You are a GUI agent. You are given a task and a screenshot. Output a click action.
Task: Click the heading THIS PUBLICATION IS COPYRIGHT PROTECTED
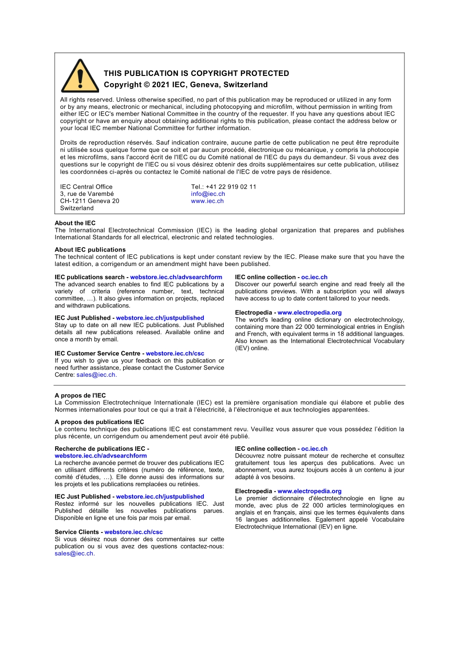(196, 74)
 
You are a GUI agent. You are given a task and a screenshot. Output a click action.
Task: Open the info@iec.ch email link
(208, 194)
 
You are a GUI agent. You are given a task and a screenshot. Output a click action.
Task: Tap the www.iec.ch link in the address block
(207, 201)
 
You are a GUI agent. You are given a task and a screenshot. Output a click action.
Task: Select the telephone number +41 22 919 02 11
(231, 187)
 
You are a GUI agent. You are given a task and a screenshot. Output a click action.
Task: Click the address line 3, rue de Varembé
(87, 194)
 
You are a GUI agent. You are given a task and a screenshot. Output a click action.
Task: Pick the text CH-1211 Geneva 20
(89, 201)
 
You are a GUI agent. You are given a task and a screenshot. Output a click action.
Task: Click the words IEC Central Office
(86, 187)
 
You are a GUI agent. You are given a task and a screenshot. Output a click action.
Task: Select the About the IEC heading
(75, 223)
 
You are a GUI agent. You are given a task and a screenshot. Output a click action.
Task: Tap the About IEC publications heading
(90, 250)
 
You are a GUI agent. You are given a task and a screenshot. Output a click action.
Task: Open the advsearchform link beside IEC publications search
(176, 277)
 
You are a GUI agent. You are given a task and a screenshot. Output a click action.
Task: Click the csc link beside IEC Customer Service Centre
(175, 354)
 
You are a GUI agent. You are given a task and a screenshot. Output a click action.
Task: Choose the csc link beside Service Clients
(133, 532)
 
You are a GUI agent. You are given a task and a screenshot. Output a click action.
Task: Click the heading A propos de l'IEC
(80, 395)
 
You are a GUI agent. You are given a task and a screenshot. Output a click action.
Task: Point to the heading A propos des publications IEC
(99, 422)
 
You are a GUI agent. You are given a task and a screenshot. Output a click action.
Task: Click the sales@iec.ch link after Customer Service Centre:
(96, 375)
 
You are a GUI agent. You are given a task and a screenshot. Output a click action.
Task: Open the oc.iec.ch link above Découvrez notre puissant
(314, 449)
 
